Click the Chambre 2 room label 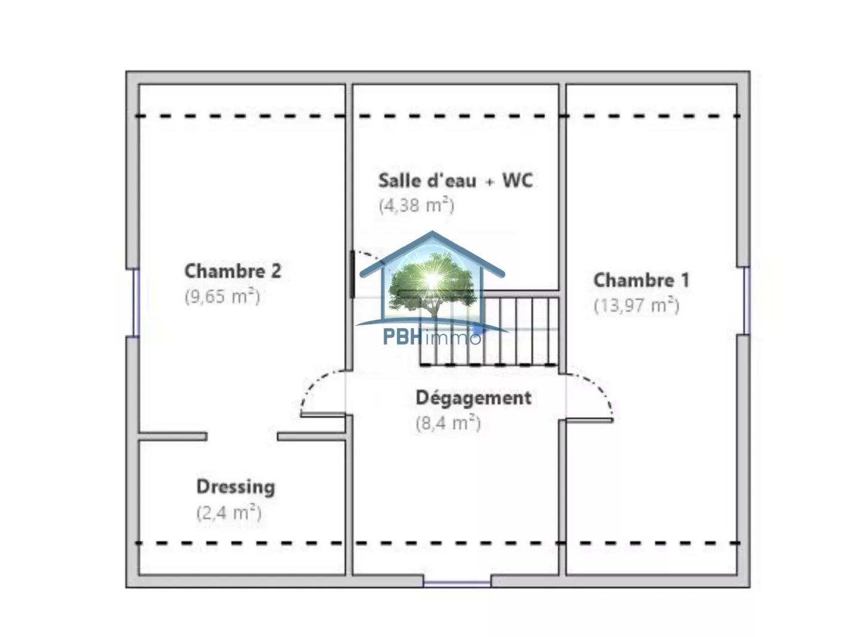pos(233,271)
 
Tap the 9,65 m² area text pos(222,296)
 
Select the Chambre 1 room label pos(642,281)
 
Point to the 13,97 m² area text pos(636,306)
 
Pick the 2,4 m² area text pos(229,513)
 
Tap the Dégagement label pos(473,399)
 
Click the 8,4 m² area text pos(448,423)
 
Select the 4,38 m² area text pos(416,205)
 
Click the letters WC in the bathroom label pos(517,180)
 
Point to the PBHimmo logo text pos(432,337)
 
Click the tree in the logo pos(432,284)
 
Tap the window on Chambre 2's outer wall pos(136,303)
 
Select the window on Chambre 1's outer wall pos(747,300)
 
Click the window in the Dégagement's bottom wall pos(457,584)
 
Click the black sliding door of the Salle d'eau pos(352,274)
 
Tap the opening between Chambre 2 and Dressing pos(242,436)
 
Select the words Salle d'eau pos(427,180)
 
